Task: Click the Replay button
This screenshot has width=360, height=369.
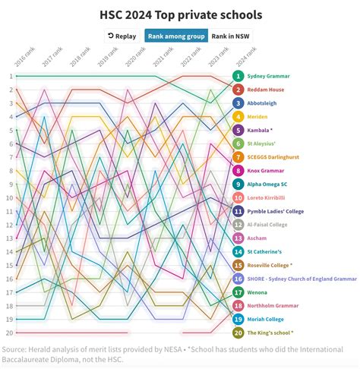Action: (x=122, y=36)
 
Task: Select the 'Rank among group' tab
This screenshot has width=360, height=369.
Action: (x=175, y=36)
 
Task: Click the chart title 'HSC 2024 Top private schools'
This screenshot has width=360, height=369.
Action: (x=181, y=14)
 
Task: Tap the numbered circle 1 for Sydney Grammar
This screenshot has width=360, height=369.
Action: (x=238, y=76)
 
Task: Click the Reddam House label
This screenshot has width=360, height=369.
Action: (x=267, y=90)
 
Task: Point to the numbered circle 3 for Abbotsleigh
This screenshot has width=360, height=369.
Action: (x=238, y=103)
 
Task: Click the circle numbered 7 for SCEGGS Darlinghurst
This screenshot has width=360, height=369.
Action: (x=238, y=157)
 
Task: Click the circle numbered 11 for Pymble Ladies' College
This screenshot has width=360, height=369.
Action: (x=238, y=211)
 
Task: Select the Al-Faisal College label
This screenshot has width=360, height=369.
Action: (x=270, y=225)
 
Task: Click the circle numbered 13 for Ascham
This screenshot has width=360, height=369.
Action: (x=238, y=238)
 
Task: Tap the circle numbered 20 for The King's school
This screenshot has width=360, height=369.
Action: (x=238, y=333)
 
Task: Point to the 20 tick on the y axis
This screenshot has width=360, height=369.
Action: (x=9, y=333)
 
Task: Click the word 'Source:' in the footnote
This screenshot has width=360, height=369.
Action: (x=16, y=349)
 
